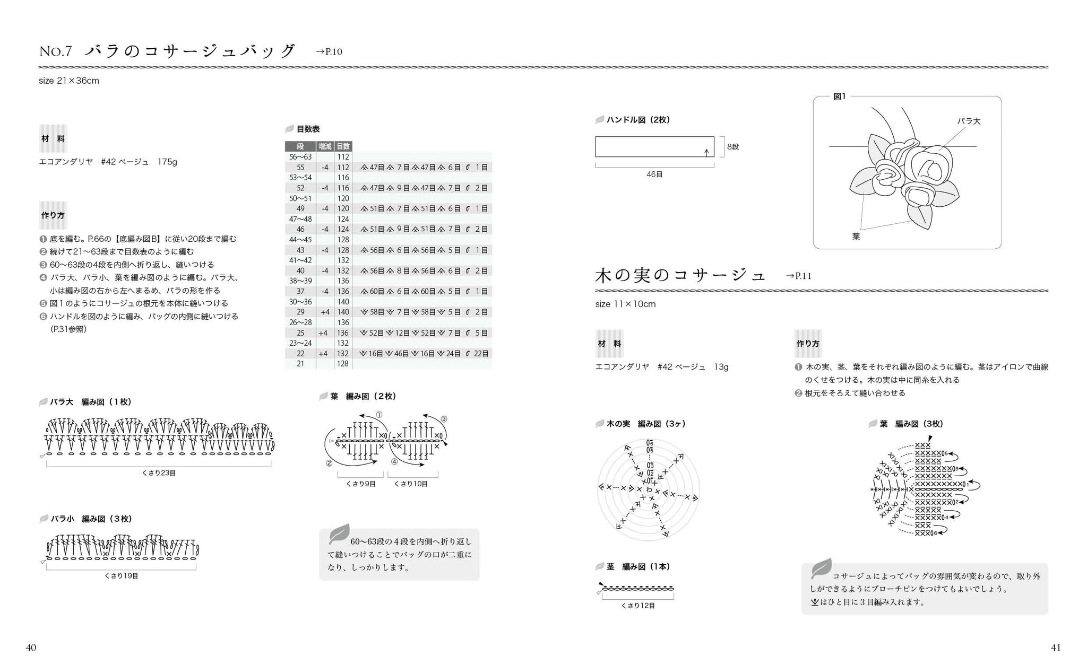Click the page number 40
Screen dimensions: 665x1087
pos(31,647)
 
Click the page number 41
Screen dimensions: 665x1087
pos(1056,647)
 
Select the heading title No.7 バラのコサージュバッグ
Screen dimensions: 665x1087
pos(167,51)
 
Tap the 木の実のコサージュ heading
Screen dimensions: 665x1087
pos(680,275)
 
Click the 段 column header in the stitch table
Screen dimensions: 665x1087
pos(300,146)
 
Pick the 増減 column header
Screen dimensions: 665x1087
pos(325,146)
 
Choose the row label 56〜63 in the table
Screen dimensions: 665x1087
pos(300,157)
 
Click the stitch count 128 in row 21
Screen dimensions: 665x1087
pos(343,364)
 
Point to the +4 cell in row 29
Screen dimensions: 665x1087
pos(325,312)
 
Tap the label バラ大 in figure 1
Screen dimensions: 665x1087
pos(969,121)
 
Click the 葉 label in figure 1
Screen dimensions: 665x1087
pos(856,237)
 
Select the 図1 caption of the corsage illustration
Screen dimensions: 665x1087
pos(840,96)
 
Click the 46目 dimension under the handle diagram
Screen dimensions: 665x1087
pos(654,174)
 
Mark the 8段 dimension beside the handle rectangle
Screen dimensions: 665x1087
pos(733,147)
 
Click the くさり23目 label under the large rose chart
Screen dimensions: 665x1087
pos(159,472)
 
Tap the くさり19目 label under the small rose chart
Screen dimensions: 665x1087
pos(121,575)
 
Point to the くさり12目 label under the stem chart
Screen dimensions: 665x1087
pos(638,605)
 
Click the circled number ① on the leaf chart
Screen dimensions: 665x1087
pos(379,415)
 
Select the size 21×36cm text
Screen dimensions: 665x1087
pos(69,81)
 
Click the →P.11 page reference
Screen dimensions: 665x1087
pos(798,276)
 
